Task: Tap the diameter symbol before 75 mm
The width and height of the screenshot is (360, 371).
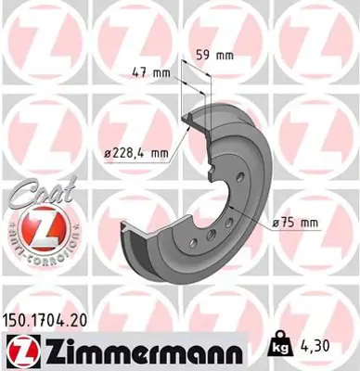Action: pyautogui.click(x=278, y=223)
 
